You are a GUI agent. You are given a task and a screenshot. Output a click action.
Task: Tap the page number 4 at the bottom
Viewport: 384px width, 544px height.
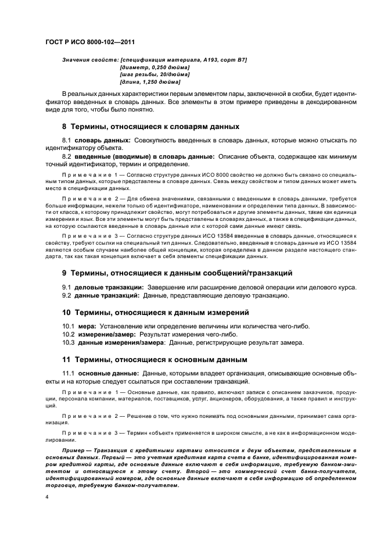48,498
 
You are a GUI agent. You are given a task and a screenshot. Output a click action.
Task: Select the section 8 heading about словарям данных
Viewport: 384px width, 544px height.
150,126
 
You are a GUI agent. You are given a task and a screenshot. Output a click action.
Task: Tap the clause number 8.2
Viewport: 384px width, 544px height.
67,156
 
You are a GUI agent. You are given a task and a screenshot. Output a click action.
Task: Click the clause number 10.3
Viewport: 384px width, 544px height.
69,343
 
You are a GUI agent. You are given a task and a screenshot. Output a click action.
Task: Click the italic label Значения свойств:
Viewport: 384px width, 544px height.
89,60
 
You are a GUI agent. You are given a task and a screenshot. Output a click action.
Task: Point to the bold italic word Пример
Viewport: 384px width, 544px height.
76,451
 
